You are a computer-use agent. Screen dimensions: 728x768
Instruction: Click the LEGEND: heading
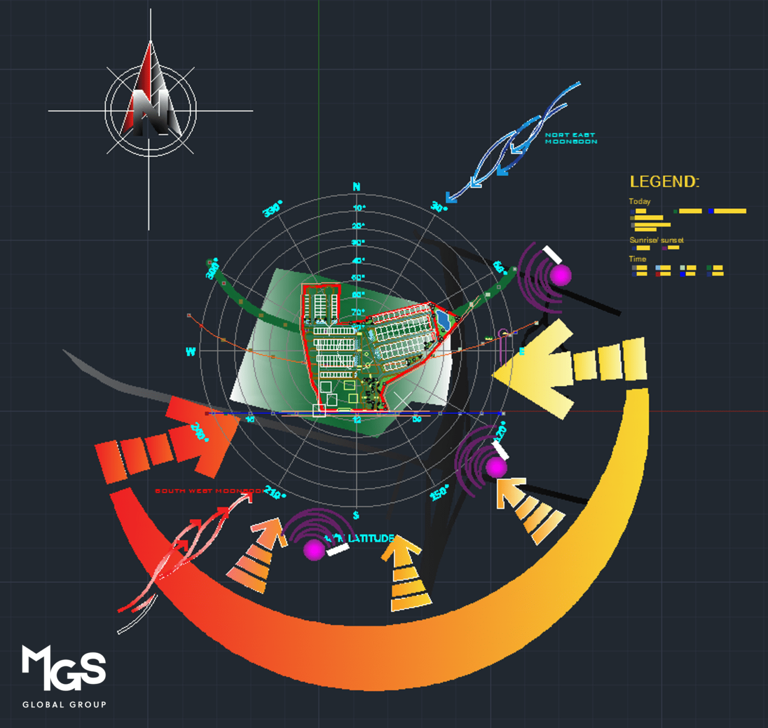click(664, 181)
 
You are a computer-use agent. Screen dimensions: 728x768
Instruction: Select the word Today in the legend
click(639, 201)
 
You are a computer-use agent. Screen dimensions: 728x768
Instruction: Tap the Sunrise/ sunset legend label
click(656, 240)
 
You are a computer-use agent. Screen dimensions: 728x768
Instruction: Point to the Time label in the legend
click(637, 258)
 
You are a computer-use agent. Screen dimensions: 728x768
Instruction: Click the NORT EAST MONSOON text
click(570, 138)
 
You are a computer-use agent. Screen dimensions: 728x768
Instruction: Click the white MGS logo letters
click(63, 667)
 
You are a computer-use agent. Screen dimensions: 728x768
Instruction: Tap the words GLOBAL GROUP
click(64, 704)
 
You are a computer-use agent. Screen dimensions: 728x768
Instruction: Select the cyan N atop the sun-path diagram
click(356, 187)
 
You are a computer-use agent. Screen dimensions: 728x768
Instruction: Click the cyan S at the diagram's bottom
click(356, 515)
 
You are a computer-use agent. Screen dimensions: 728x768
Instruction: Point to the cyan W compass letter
click(190, 352)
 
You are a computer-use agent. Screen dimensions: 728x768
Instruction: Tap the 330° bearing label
click(272, 209)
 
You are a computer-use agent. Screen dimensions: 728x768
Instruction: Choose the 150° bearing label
click(439, 492)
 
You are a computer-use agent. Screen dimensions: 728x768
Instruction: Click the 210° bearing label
click(274, 492)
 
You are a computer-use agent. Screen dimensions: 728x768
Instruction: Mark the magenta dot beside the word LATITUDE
click(314, 549)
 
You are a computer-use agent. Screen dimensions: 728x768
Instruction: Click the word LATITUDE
click(371, 538)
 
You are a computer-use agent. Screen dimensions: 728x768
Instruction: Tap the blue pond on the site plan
click(442, 319)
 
